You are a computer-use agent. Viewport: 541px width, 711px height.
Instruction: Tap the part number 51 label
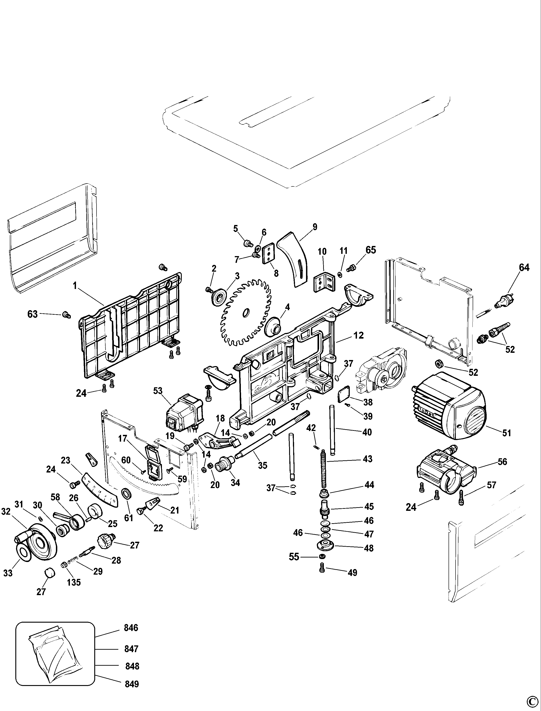click(506, 433)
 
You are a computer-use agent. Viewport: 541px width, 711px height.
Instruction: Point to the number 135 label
click(74, 582)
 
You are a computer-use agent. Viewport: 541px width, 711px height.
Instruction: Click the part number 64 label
click(524, 267)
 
